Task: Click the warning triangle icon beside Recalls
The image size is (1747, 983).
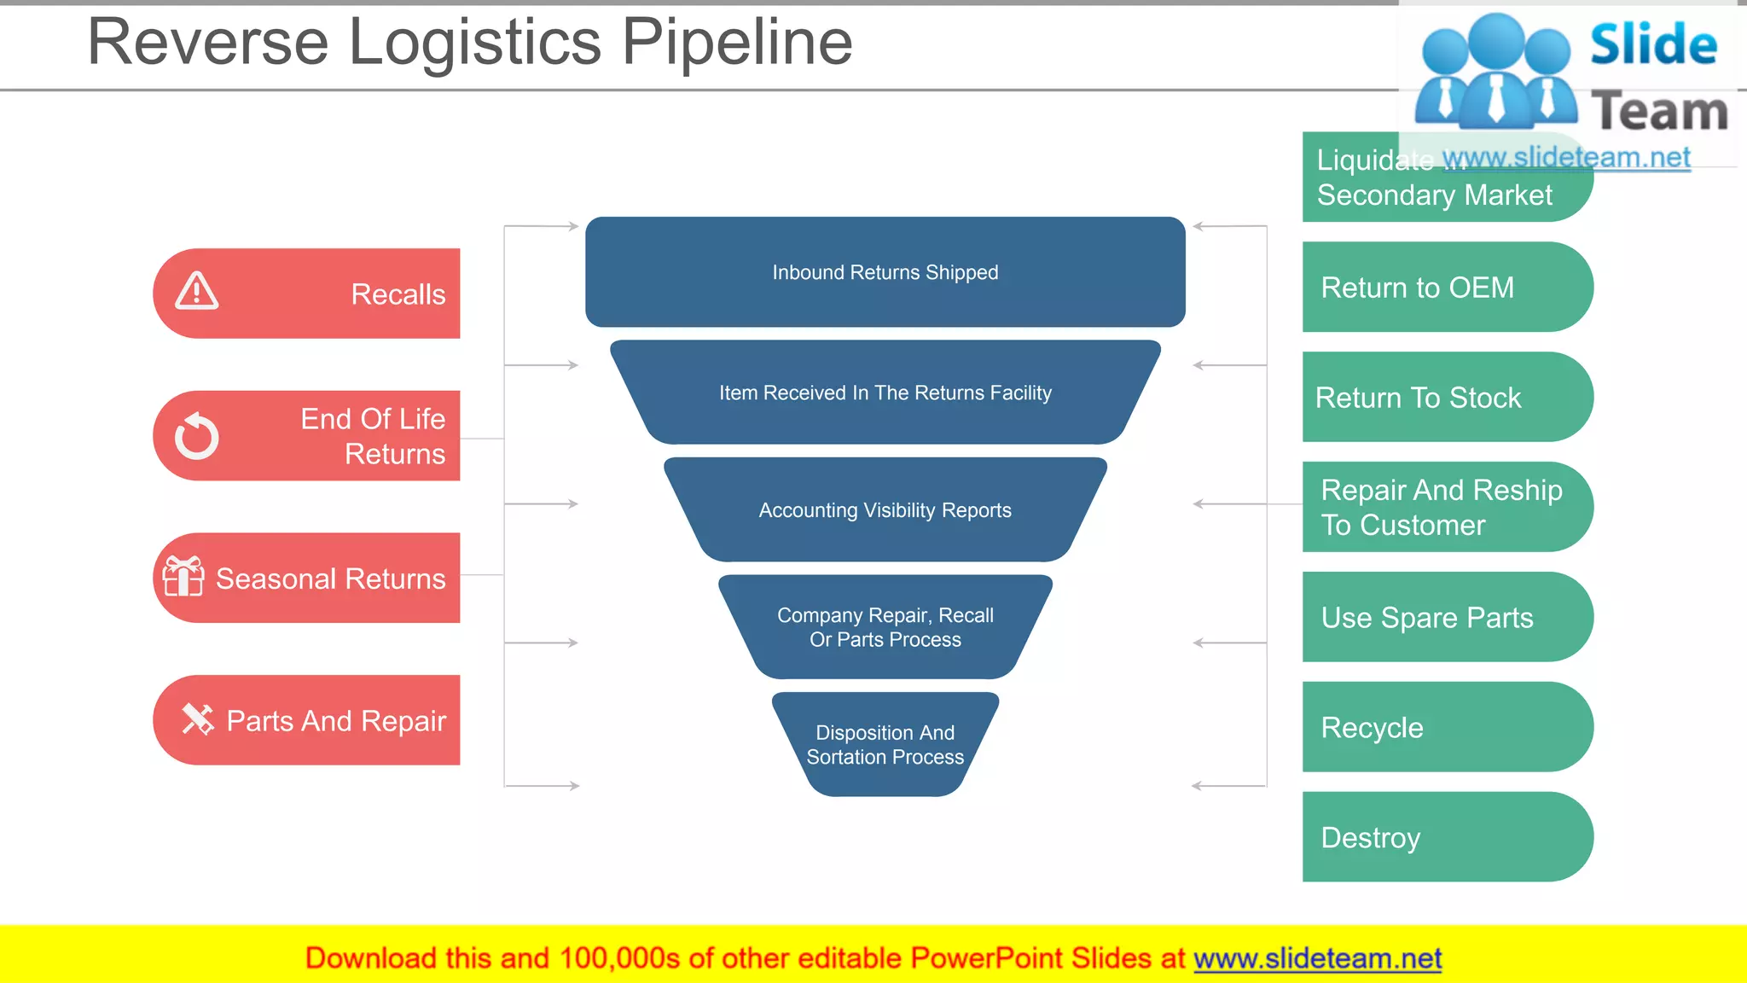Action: click(x=197, y=292)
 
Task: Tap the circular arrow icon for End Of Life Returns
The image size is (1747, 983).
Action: click(x=197, y=437)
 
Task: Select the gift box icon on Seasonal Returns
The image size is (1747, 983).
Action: click(x=183, y=577)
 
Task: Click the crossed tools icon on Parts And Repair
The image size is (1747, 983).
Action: click(x=198, y=719)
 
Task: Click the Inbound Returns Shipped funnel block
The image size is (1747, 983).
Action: click(x=885, y=272)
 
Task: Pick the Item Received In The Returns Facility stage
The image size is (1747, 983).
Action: click(x=885, y=393)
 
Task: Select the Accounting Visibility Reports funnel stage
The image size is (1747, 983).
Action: click(x=885, y=510)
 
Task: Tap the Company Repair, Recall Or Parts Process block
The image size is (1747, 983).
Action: click(x=885, y=627)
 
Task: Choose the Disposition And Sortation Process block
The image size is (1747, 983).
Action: click(x=885, y=744)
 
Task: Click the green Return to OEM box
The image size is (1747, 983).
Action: click(x=1446, y=288)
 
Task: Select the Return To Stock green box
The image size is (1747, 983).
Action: click(x=1446, y=398)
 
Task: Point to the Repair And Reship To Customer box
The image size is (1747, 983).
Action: click(x=1446, y=507)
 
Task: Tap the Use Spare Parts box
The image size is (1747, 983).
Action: click(x=1446, y=617)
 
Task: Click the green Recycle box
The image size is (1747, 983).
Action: click(x=1446, y=727)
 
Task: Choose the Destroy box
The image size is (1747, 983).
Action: click(x=1446, y=837)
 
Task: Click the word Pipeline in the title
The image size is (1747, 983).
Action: click(x=736, y=43)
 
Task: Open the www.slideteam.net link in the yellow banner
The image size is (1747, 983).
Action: click(x=1317, y=958)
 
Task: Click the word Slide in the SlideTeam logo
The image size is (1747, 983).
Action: click(x=1652, y=44)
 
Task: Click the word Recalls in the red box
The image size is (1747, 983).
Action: click(x=398, y=294)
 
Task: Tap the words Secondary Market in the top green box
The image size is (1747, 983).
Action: click(x=1434, y=195)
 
